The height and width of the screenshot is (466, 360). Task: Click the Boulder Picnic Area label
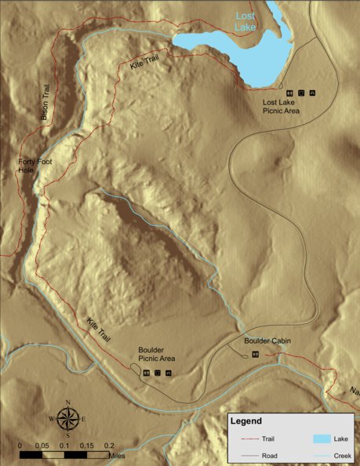tap(155, 354)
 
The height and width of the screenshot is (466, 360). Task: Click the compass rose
tap(68, 419)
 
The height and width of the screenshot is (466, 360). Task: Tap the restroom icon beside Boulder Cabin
tap(255, 355)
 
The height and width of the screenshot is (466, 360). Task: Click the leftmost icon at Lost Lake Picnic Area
tap(289, 92)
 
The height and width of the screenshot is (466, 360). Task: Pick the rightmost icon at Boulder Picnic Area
tap(169, 373)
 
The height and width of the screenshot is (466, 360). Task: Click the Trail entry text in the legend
tap(277, 441)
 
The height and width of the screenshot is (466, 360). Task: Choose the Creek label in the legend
tap(340, 454)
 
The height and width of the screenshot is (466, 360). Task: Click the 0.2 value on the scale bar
tap(110, 445)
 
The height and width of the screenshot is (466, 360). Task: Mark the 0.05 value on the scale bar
tap(42, 445)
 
